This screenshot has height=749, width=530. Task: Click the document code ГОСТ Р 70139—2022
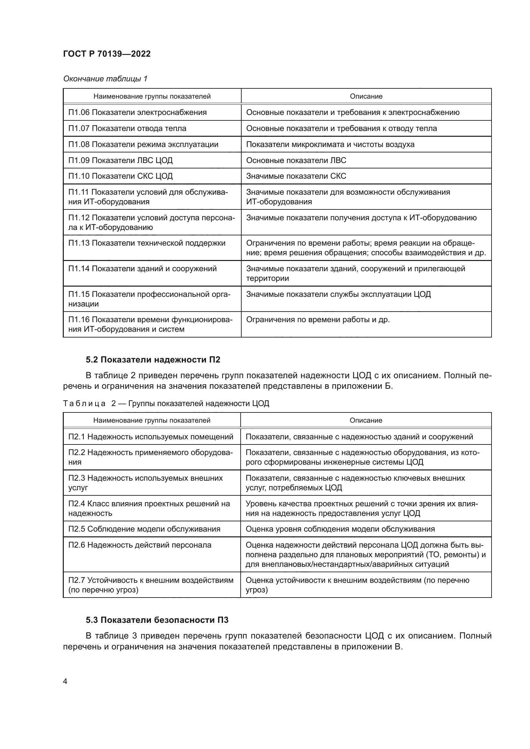(107, 54)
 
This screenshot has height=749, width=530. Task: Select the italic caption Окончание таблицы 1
(105, 79)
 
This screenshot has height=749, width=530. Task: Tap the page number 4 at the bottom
(65, 681)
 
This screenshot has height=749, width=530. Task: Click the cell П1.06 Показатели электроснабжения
(137, 112)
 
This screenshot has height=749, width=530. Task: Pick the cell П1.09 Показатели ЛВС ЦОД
(120, 160)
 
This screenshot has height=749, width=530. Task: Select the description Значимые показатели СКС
(296, 176)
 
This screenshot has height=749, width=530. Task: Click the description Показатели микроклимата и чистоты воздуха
(330, 144)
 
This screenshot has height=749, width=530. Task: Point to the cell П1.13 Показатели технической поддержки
(146, 243)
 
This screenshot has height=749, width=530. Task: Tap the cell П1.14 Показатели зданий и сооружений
(142, 268)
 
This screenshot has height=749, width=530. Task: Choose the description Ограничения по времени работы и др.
(318, 319)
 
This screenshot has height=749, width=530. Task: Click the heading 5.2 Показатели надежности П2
(153, 360)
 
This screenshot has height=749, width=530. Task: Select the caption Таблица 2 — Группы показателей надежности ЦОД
(166, 403)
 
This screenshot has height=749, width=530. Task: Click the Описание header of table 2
(366, 420)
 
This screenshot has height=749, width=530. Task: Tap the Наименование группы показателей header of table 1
(152, 96)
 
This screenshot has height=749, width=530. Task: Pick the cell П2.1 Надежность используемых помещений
(151, 436)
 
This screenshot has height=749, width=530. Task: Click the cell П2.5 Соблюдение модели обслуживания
(144, 529)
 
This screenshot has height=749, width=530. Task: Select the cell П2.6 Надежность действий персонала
(140, 545)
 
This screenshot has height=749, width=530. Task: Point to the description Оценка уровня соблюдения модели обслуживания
(340, 529)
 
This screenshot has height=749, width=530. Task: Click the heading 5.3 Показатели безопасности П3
(157, 620)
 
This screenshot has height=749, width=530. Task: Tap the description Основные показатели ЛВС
(296, 160)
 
